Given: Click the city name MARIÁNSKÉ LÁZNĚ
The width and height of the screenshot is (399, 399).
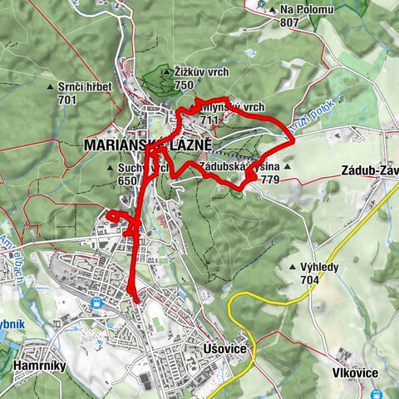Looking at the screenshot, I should (148, 145).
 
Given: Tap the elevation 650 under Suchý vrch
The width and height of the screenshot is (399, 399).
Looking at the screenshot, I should (127, 180).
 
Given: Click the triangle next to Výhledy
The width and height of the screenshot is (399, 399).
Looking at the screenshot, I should (291, 268).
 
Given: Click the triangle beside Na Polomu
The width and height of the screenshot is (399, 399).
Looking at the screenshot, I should (273, 10).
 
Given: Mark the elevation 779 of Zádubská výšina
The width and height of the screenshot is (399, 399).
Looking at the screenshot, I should (268, 179).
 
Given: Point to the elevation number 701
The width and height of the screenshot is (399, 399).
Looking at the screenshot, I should (67, 100).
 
